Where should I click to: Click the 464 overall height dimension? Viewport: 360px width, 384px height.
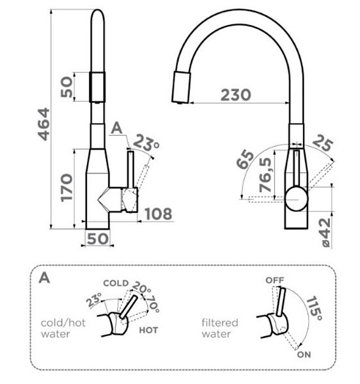45,124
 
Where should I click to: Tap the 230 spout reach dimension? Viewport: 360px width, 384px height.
236,95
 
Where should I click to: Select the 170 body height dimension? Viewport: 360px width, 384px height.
67,188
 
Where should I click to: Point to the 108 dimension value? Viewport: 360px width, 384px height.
159,214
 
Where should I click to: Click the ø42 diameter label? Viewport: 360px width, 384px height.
325,232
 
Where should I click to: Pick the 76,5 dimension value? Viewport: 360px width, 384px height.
265,175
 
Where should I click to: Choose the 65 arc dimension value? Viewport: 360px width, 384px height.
246,160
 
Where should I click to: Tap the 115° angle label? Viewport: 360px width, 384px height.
314,308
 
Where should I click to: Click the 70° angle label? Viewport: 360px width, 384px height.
153,304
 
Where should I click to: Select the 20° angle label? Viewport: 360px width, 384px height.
142,288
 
